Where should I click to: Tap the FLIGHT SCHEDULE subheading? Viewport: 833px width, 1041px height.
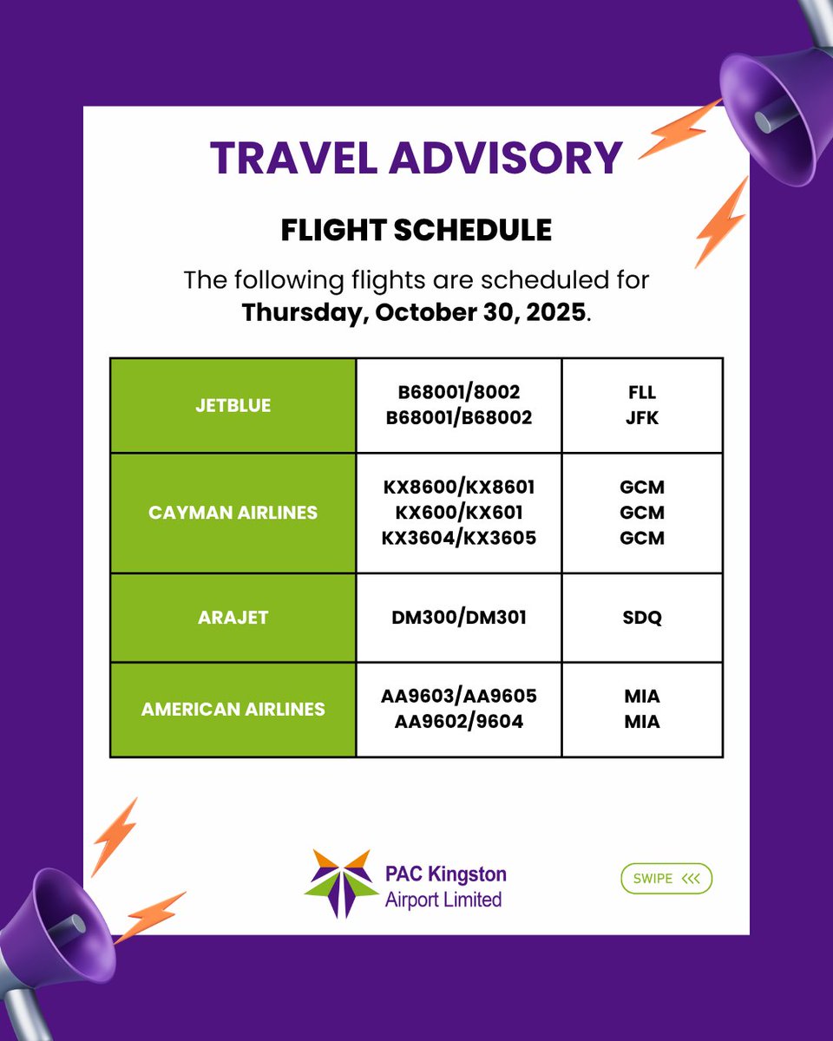(x=416, y=230)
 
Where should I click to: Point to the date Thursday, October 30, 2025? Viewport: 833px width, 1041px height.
(x=414, y=312)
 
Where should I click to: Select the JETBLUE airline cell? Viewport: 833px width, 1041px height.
(x=233, y=405)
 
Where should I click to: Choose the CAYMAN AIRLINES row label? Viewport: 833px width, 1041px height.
(x=233, y=513)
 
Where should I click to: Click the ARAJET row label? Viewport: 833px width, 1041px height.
(x=233, y=618)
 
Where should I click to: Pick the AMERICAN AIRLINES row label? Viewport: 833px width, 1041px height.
(x=233, y=709)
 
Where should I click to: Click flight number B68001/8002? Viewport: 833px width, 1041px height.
(x=459, y=393)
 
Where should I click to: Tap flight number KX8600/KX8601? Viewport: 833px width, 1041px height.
(x=459, y=488)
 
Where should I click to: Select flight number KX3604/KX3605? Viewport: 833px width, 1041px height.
(x=459, y=538)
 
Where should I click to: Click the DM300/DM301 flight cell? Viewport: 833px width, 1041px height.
(x=459, y=618)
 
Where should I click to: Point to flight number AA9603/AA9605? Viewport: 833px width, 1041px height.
(x=459, y=696)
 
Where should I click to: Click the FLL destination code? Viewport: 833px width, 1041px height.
(x=642, y=393)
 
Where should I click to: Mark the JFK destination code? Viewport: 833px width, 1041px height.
(x=642, y=418)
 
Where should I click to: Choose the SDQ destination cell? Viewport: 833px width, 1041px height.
(x=642, y=618)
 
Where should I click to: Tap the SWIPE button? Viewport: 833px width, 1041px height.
(x=666, y=879)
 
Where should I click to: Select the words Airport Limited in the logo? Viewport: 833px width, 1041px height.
(x=443, y=900)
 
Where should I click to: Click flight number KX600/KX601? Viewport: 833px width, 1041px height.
(x=459, y=513)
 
